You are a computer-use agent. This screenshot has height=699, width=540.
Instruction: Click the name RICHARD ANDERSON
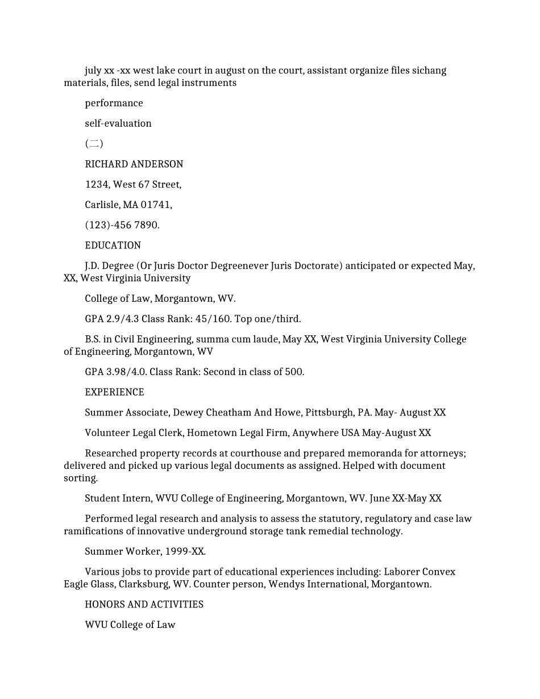tap(134, 164)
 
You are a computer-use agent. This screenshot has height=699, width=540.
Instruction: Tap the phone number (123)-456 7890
tap(122, 225)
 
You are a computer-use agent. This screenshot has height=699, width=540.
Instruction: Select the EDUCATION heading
tap(113, 246)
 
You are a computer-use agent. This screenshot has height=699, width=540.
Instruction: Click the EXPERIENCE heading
tap(114, 392)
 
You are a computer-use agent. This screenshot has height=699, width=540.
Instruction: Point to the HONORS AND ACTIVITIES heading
tap(144, 605)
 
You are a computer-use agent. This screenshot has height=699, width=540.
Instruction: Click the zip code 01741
tap(155, 205)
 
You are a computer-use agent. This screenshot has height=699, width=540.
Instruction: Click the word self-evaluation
tap(118, 123)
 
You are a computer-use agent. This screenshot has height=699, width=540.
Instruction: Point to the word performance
tap(114, 103)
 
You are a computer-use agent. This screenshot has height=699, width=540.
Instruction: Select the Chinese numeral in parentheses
tap(94, 144)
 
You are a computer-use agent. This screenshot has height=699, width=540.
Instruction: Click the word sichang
tap(429, 70)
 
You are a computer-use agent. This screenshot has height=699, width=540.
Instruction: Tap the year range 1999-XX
tap(185, 551)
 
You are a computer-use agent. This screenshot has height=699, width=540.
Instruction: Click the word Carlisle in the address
tap(102, 205)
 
